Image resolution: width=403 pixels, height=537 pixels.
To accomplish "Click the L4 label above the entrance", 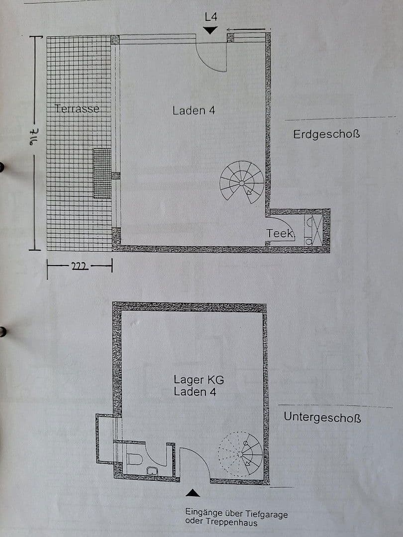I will (x=211, y=17).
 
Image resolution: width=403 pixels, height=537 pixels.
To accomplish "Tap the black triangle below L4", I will (x=210, y=30).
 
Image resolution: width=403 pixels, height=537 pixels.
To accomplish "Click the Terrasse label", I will (x=77, y=108).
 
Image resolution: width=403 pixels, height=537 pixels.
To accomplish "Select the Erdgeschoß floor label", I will (x=326, y=134).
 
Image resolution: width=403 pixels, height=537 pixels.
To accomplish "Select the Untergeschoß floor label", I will (x=322, y=417).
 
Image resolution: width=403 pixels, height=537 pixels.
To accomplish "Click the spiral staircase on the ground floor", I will (x=242, y=182).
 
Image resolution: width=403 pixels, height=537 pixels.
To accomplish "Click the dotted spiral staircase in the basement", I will (x=240, y=453).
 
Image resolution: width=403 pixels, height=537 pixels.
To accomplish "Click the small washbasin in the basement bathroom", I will (x=152, y=470).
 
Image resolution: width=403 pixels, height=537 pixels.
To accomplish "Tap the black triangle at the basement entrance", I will (x=193, y=493).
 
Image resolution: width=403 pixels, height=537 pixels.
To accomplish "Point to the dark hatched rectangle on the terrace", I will (x=102, y=174).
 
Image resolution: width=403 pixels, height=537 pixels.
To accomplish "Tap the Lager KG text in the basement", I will (x=199, y=380).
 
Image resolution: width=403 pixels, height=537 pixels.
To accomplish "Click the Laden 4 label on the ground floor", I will (x=194, y=110).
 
